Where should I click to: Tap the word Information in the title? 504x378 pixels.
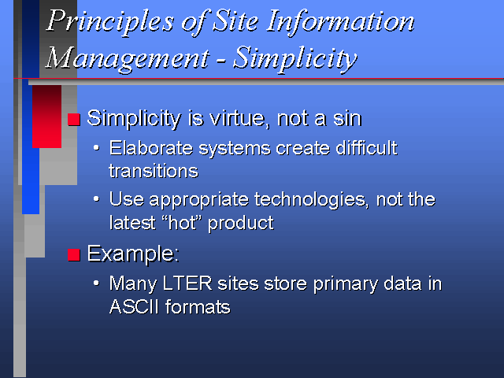(340, 21)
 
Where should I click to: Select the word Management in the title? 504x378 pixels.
(128, 58)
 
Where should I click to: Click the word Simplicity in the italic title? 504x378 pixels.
(295, 58)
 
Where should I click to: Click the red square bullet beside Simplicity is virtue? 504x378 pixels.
(73, 119)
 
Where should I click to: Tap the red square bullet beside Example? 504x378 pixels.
(73, 255)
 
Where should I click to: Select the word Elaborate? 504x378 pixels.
(151, 148)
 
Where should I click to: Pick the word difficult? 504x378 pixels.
(366, 148)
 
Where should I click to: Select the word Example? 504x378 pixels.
(133, 254)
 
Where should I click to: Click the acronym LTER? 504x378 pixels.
(187, 283)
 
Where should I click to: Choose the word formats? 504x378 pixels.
(198, 306)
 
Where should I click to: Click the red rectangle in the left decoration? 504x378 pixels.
(47, 117)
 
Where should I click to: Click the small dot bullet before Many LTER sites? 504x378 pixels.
(96, 283)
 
